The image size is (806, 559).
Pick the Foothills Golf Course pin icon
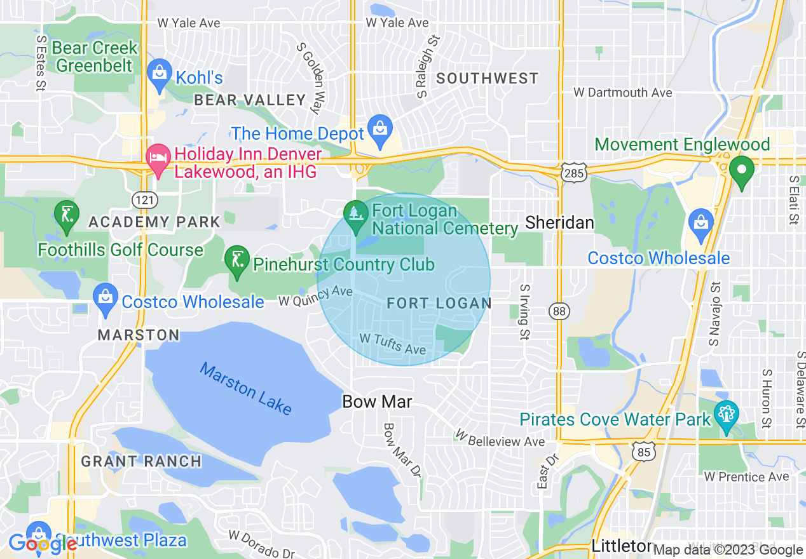click(x=67, y=215)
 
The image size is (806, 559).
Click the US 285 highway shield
click(x=574, y=173)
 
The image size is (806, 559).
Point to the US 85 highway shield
click(x=643, y=452)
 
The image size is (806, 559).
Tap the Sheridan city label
click(x=560, y=222)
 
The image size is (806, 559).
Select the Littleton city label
click(x=622, y=546)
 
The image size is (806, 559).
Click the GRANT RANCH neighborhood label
click(x=142, y=461)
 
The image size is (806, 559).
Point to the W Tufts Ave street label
click(x=392, y=344)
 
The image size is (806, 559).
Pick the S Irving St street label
click(x=524, y=311)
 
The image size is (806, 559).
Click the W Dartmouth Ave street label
click(x=623, y=93)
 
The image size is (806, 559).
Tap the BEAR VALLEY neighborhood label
click(x=250, y=100)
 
